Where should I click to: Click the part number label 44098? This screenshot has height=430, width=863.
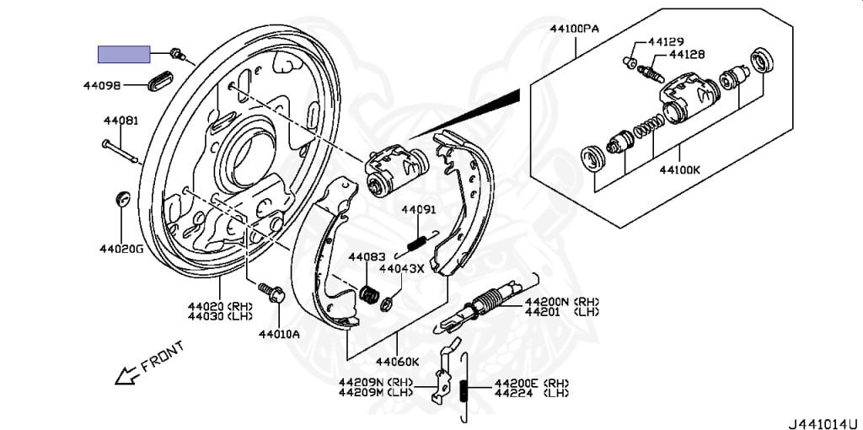click(x=102, y=85)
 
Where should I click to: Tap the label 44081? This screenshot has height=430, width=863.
click(x=121, y=121)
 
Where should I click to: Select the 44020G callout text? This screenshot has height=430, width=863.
click(x=121, y=249)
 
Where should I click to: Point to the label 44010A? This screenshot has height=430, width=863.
click(x=279, y=333)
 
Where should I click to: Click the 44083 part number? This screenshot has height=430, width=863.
click(x=367, y=256)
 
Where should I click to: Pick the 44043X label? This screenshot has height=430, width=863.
click(x=402, y=269)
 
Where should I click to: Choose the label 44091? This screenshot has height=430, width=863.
click(x=418, y=210)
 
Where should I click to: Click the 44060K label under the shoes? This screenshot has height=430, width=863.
click(x=397, y=362)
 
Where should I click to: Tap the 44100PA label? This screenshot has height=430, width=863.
click(x=575, y=28)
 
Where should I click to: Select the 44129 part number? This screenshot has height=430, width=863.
click(x=666, y=41)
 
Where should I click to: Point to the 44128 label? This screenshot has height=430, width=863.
click(x=687, y=54)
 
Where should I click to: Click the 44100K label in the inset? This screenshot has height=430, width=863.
click(x=679, y=169)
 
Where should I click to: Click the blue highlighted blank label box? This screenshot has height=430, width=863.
click(x=124, y=54)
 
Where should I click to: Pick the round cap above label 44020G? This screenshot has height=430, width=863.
click(x=121, y=200)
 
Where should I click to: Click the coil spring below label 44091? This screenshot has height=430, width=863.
click(x=415, y=242)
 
